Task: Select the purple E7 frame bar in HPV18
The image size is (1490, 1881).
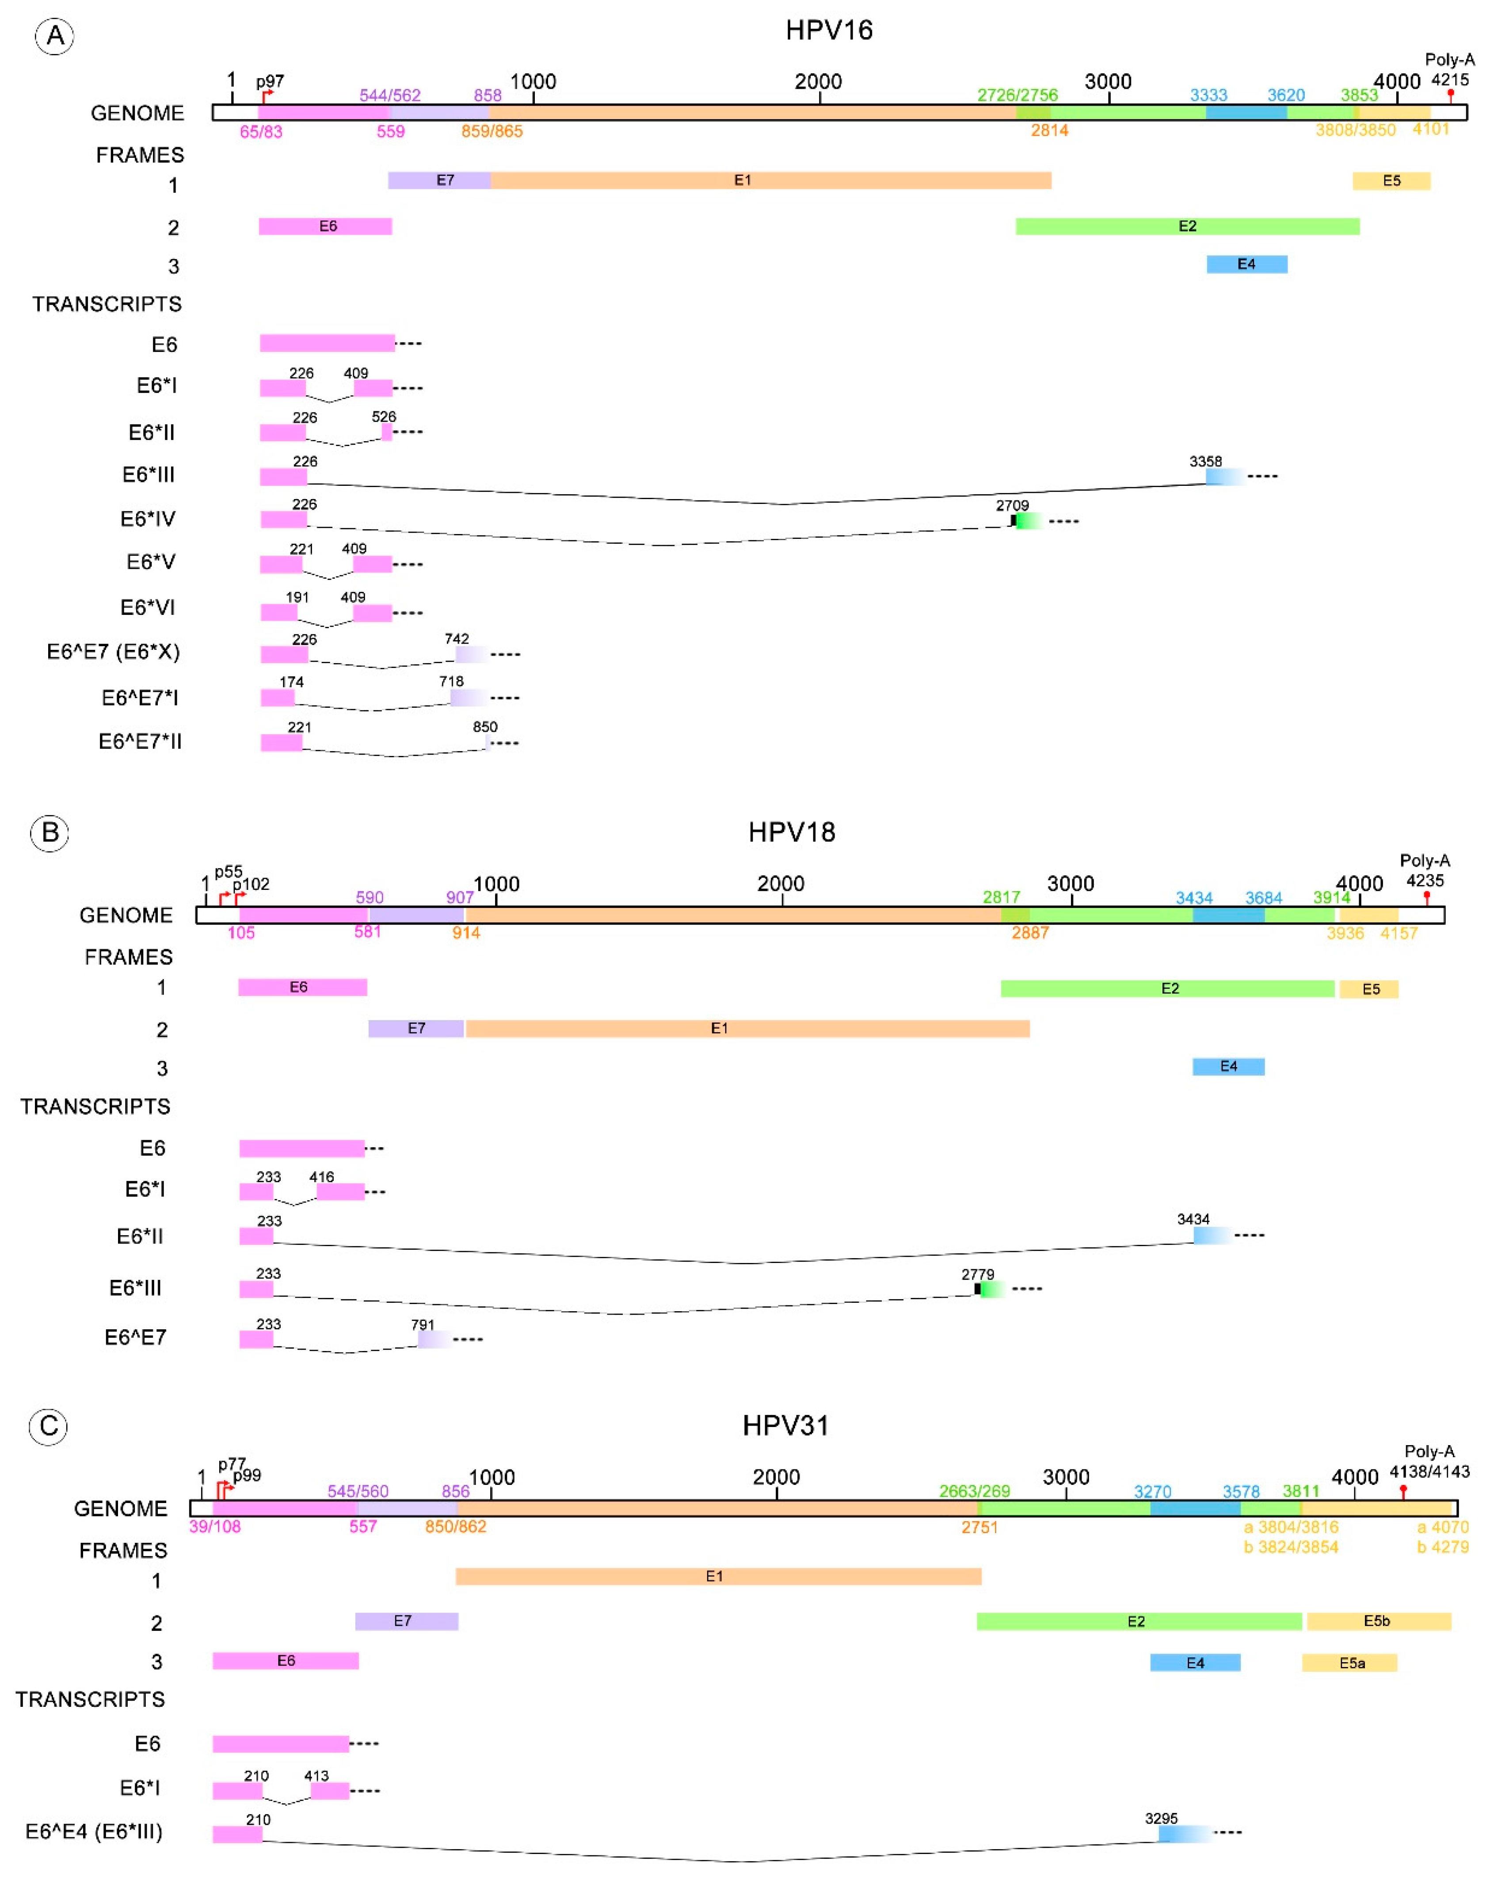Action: [416, 1029]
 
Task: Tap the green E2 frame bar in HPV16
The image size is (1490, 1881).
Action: [1186, 227]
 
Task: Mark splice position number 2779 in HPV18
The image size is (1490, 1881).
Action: [977, 1274]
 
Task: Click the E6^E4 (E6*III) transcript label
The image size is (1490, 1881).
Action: [94, 1832]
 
